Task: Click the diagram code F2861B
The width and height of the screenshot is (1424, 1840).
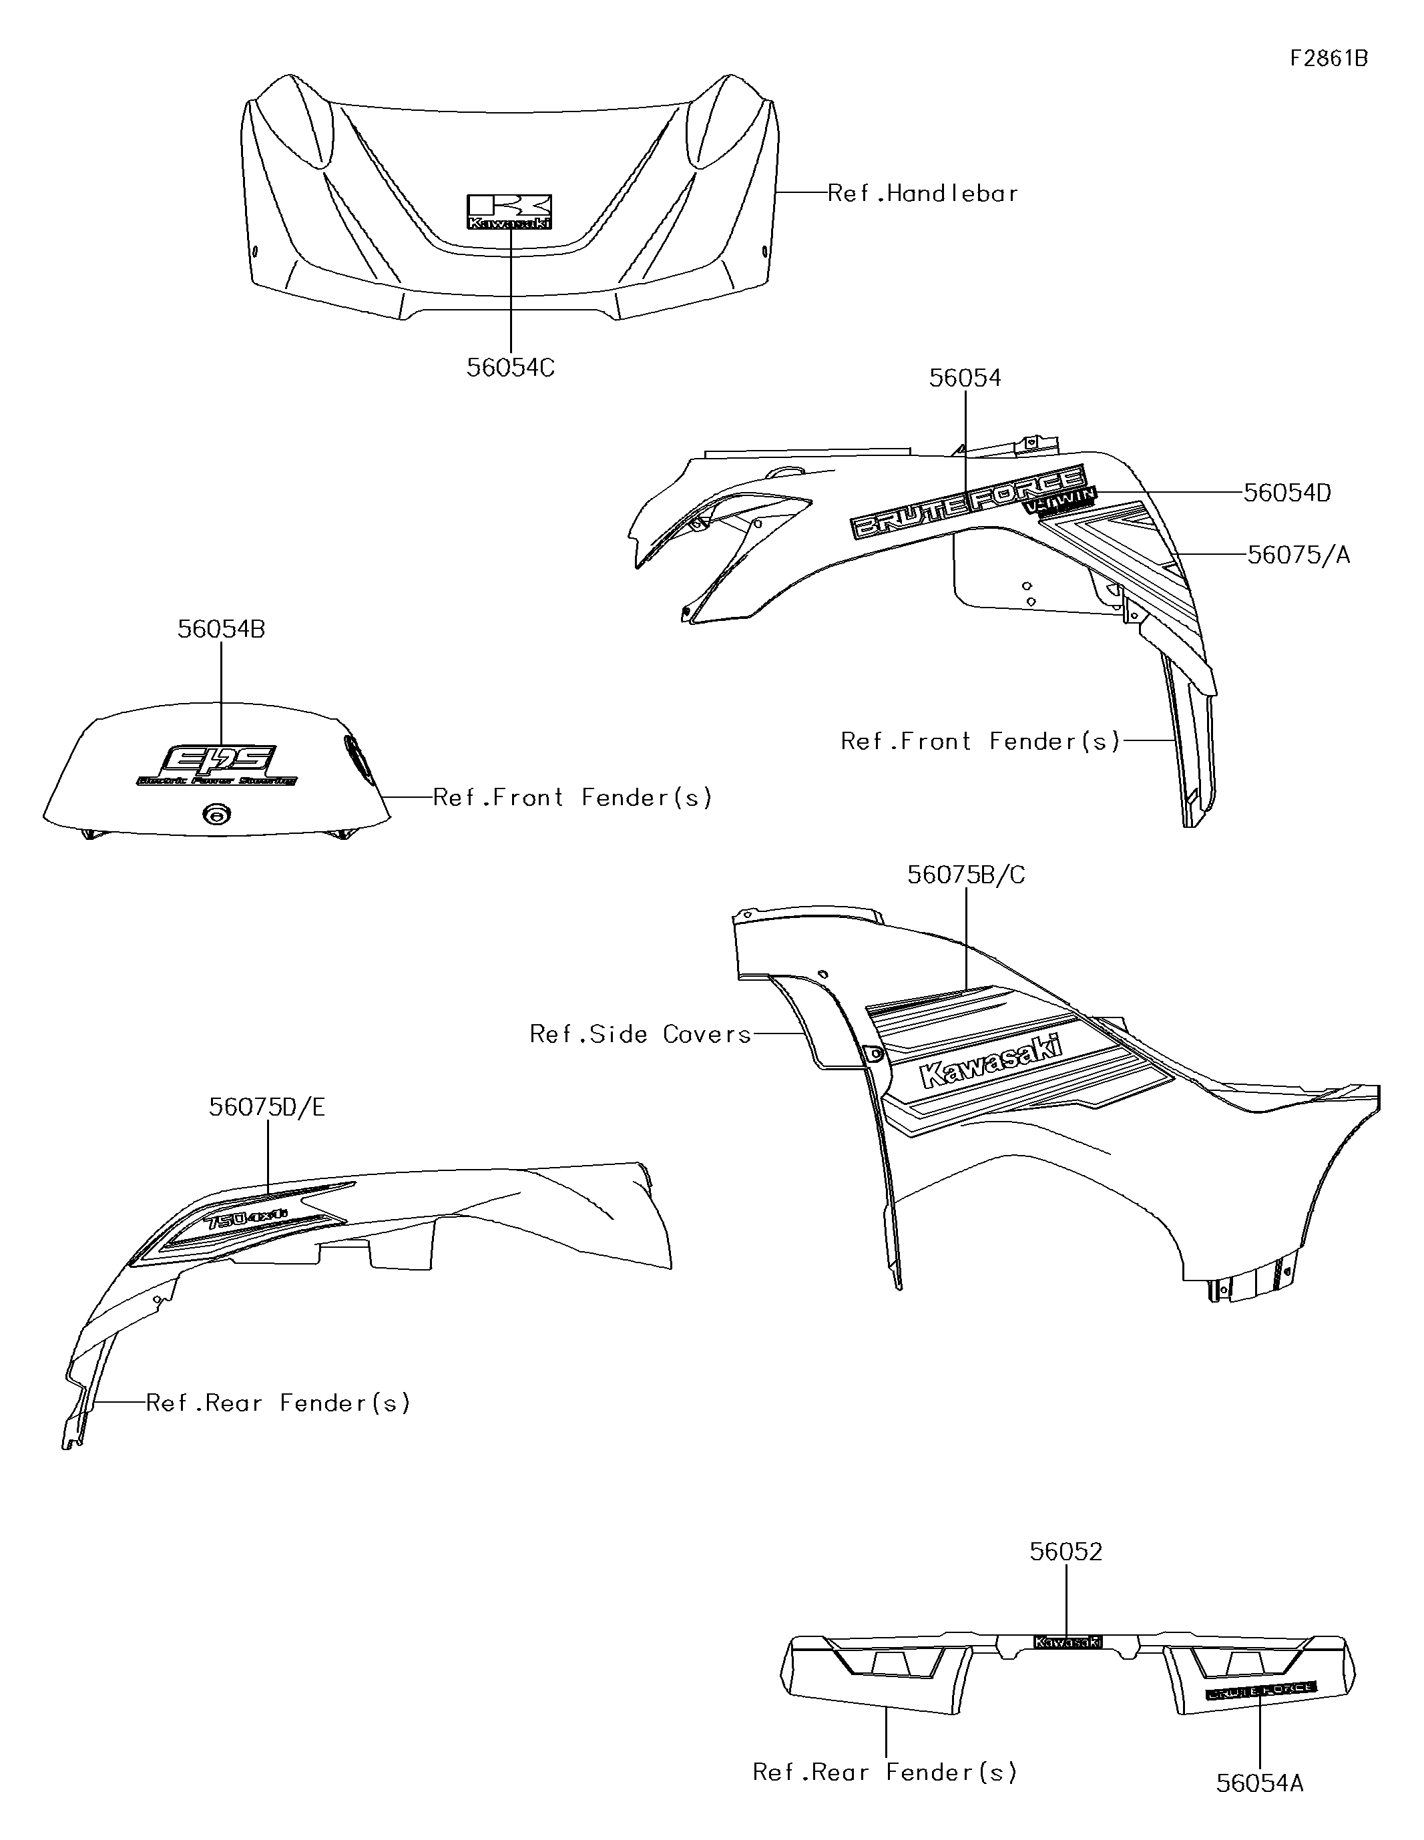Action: pyautogui.click(x=1329, y=58)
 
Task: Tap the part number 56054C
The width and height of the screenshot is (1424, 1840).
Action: pyautogui.click(x=511, y=368)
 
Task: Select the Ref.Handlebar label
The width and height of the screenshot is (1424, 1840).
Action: pyautogui.click(x=923, y=194)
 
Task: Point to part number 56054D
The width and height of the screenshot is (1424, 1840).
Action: pyautogui.click(x=1286, y=493)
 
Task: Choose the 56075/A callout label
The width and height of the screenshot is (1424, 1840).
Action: pyautogui.click(x=1298, y=555)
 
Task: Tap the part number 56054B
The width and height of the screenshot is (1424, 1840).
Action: pyautogui.click(x=221, y=630)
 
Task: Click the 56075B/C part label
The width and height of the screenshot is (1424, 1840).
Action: pyautogui.click(x=965, y=875)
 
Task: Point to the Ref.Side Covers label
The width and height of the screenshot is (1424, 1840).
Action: pyautogui.click(x=640, y=1035)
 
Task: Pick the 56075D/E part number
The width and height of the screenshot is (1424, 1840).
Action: pyautogui.click(x=267, y=1107)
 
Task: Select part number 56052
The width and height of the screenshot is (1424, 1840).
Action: pyautogui.click(x=1066, y=1552)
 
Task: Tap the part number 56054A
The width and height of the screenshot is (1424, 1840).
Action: pyautogui.click(x=1260, y=1783)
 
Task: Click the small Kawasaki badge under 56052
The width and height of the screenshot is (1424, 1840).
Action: pyautogui.click(x=1067, y=1642)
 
